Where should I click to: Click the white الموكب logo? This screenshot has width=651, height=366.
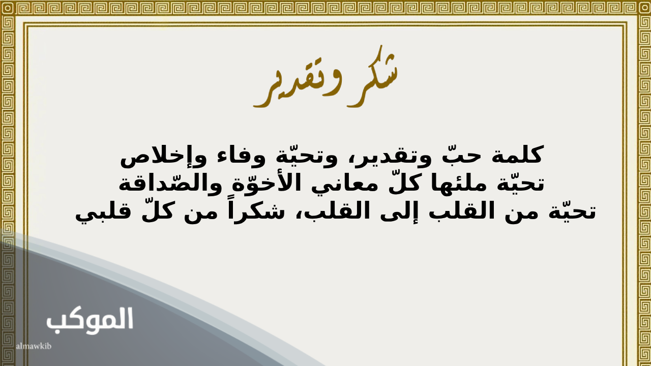90,321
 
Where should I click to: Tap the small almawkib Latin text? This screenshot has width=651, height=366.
34,346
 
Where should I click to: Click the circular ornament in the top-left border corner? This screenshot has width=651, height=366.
8,8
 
